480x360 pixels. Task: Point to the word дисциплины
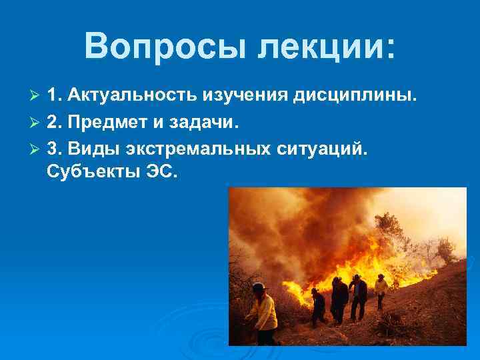click(357, 95)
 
